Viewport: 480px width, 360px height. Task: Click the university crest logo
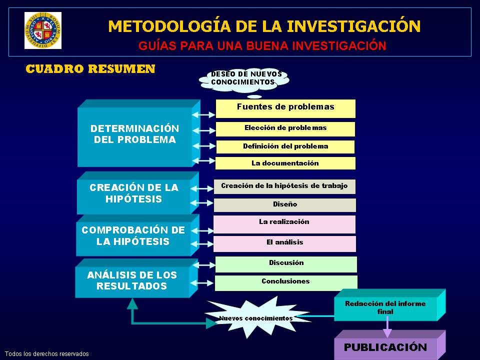coord(42,30)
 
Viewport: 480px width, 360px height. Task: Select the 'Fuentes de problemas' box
coord(285,108)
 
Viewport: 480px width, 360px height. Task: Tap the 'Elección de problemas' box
coord(285,128)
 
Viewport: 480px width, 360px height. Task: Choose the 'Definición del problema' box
coord(285,146)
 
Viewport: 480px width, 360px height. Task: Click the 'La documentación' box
coord(285,163)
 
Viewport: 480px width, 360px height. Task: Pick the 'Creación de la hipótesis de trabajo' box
coord(284,186)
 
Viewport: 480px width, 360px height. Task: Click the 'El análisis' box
coord(284,243)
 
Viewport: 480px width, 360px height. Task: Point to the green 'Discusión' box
coord(286,263)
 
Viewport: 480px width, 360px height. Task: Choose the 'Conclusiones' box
coord(286,282)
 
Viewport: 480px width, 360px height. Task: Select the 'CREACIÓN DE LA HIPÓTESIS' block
coord(134,193)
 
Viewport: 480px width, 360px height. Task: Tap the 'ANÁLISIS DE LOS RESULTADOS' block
coord(132,281)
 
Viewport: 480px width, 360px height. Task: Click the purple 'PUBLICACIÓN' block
coord(385,347)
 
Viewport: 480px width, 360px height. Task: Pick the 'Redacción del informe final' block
coord(385,307)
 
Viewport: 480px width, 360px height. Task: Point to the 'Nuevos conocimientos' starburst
coord(256,317)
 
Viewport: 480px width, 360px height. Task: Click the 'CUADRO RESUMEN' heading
coord(90,69)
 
